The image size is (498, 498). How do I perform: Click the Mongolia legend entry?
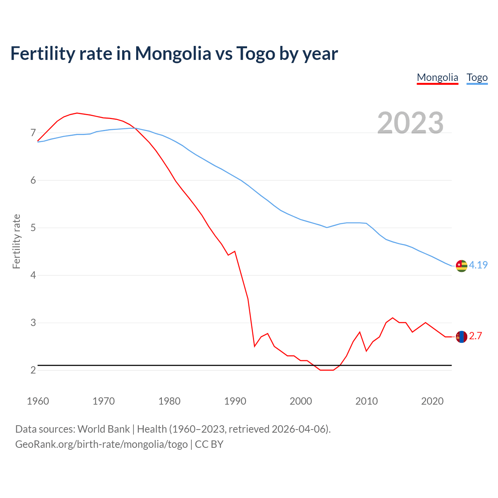437,77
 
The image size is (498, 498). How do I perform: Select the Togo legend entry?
477,77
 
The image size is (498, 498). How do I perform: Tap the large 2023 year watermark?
410,123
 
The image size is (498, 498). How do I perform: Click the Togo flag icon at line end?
461,266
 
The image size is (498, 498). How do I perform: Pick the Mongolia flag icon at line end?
461,337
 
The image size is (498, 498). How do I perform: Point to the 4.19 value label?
478,265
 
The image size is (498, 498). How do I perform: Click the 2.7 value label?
475,336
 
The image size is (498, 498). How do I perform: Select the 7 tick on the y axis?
33,133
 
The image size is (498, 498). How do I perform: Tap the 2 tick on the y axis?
33,370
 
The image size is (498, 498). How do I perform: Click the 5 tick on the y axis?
33,228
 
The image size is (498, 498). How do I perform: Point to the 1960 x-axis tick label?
38,401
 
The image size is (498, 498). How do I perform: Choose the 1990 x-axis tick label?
235,401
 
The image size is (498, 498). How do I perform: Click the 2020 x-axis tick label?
432,401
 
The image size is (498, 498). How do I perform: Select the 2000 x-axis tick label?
301,401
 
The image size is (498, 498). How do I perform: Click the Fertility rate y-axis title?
16,241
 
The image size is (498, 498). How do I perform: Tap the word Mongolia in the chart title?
173,53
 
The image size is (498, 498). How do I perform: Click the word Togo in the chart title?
256,53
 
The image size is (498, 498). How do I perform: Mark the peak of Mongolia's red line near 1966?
77,113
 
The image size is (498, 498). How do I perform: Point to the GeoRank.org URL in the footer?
101,444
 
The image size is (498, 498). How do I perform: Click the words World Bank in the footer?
103,429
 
